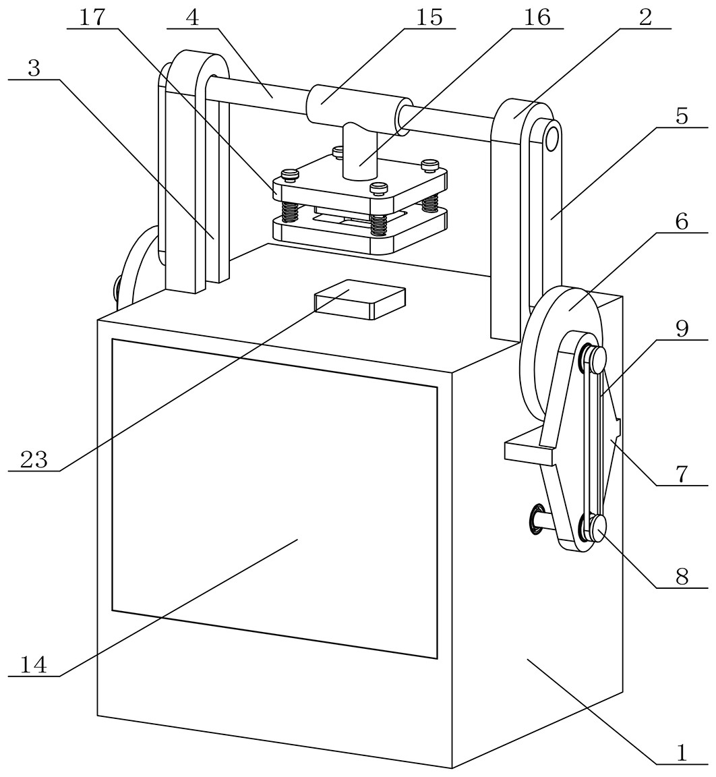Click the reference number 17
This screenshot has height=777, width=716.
(93, 18)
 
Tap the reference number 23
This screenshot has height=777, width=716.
(34, 460)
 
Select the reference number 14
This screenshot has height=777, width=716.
(34, 665)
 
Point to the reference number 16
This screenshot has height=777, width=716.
(537, 18)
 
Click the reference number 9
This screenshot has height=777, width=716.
(682, 329)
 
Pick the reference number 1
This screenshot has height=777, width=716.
(682, 753)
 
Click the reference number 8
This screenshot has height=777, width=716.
(682, 577)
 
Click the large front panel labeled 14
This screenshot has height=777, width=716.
(273, 499)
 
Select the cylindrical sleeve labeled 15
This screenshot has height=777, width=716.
(357, 109)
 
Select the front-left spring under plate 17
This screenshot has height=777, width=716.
(289, 212)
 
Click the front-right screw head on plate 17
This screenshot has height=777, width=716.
(380, 187)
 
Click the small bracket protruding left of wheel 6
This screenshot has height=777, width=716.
(529, 452)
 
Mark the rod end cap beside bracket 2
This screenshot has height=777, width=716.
(552, 138)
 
